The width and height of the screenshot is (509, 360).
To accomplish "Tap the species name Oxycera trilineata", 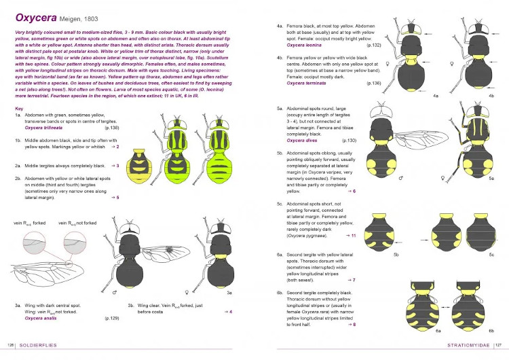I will pyautogui.click(x=45, y=127).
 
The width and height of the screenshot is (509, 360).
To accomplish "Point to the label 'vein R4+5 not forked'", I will pyautogui.click(x=77, y=223).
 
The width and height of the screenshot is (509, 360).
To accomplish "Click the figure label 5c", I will pyautogui.click(x=491, y=254).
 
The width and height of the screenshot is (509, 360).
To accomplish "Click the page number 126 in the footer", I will pyautogui.click(x=11, y=353).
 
